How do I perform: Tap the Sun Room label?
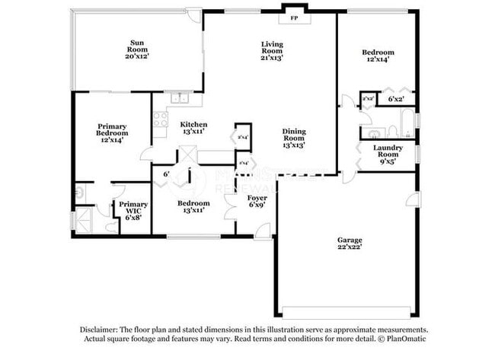(138, 49)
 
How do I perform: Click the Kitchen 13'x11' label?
(193, 128)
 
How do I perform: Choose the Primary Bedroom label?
(111, 132)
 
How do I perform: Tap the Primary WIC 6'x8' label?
(133, 210)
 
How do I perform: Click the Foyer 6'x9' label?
(257, 202)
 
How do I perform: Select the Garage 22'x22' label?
(350, 244)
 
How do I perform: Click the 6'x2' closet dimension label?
(396, 99)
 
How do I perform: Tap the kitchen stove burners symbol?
(160, 119)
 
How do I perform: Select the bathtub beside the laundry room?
(407, 123)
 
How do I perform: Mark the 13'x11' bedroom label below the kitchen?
(193, 207)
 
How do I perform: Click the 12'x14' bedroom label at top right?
(378, 55)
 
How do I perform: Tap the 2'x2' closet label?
(368, 99)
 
